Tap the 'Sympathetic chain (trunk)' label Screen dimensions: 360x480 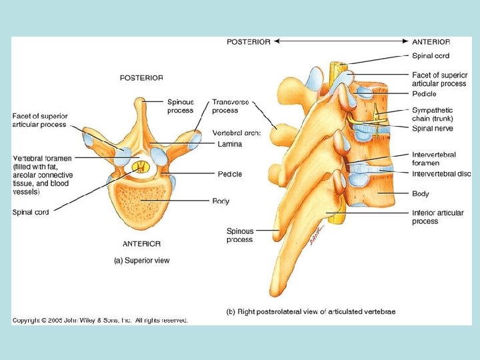click(432, 114)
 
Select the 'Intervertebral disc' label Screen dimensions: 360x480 click(441, 175)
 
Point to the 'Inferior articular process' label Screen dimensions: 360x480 click(437, 217)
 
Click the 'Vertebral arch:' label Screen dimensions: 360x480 click(236, 132)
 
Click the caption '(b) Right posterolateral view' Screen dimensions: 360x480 click(311, 311)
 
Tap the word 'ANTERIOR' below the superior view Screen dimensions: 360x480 click(141, 243)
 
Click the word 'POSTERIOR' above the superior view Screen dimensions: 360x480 click(141, 77)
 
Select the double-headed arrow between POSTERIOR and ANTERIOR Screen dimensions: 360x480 click(340, 41)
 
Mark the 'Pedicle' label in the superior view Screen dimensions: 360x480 click(229, 174)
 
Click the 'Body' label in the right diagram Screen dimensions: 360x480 click(420, 194)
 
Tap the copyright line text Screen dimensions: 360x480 click(100, 320)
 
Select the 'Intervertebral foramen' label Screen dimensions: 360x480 click(434, 159)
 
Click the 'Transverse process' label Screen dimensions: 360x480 click(230, 106)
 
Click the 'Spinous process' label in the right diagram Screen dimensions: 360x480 click(239, 235)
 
